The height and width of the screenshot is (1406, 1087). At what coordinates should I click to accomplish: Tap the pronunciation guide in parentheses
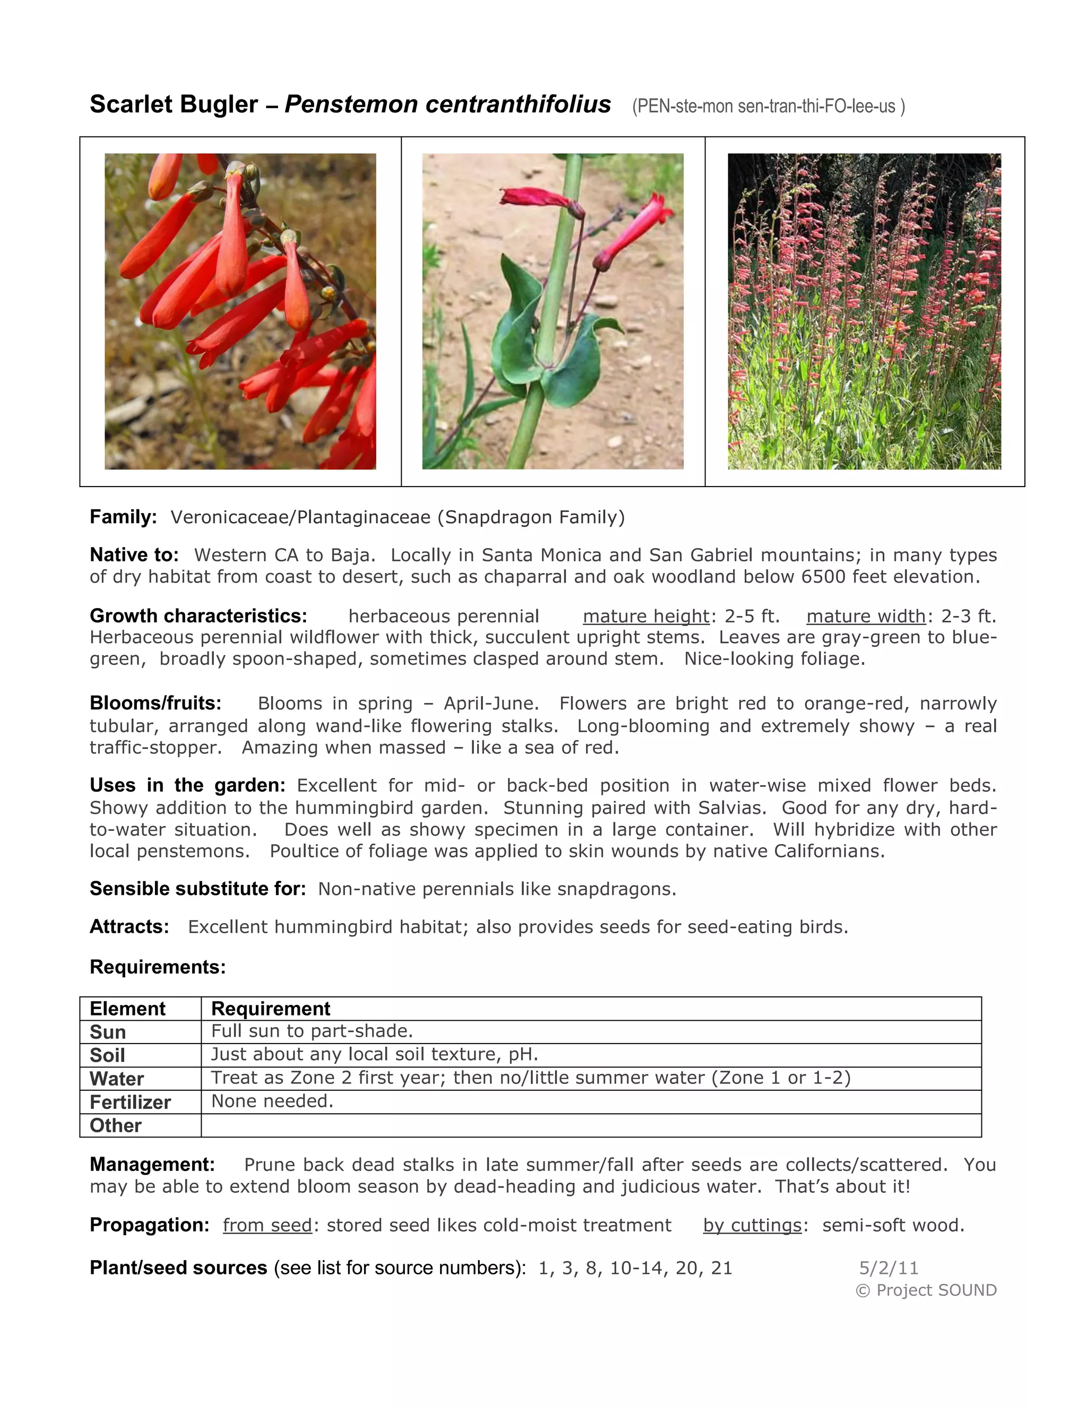(768, 106)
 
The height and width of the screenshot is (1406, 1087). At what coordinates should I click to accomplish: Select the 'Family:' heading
(123, 517)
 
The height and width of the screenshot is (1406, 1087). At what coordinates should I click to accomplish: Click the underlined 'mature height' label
(645, 616)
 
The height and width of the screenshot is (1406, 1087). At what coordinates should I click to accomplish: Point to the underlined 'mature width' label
(866, 616)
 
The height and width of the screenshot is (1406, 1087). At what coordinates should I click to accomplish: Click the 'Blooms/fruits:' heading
(155, 702)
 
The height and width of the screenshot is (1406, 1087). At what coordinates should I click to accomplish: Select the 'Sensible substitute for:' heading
(197, 888)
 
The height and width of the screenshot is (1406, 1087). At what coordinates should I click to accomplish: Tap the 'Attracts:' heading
(130, 926)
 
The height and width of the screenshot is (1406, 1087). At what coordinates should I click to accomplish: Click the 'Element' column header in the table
(127, 1008)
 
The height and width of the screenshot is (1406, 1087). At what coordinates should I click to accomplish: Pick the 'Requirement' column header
(271, 1008)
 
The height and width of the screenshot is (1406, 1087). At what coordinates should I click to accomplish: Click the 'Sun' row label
(108, 1032)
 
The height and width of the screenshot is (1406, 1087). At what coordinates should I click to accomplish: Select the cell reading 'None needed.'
(272, 1101)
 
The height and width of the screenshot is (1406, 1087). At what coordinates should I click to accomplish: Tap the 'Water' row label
(117, 1078)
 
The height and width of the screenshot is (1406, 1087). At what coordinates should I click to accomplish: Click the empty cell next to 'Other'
(591, 1125)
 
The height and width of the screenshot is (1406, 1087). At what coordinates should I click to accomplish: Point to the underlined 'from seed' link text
(268, 1225)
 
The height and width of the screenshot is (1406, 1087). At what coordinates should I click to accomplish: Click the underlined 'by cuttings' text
(752, 1225)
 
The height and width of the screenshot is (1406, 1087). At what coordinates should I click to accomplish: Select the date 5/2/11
(888, 1268)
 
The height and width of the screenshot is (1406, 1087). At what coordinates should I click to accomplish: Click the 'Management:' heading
(152, 1164)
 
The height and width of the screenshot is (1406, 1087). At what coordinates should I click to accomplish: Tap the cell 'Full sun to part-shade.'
(312, 1031)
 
